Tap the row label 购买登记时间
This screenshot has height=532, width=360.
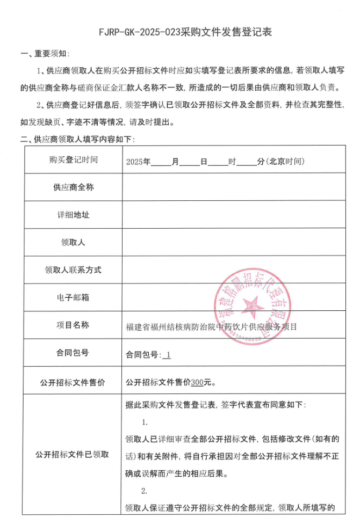tap(73, 160)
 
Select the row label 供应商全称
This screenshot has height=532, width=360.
tap(73, 187)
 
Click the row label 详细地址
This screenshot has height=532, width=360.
tap(73, 215)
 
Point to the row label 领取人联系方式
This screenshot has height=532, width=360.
tap(73, 270)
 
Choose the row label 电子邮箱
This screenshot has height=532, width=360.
tap(73, 297)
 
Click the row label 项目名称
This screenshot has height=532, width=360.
tap(73, 325)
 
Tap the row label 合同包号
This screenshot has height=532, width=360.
tap(73, 353)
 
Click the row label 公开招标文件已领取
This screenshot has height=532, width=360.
tap(73, 454)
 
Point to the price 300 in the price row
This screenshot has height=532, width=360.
tap(197, 383)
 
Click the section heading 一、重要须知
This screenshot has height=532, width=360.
tap(45, 54)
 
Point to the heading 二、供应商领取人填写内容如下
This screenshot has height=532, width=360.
tap(77, 140)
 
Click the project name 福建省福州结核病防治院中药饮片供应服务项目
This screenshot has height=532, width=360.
tap(211, 326)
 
